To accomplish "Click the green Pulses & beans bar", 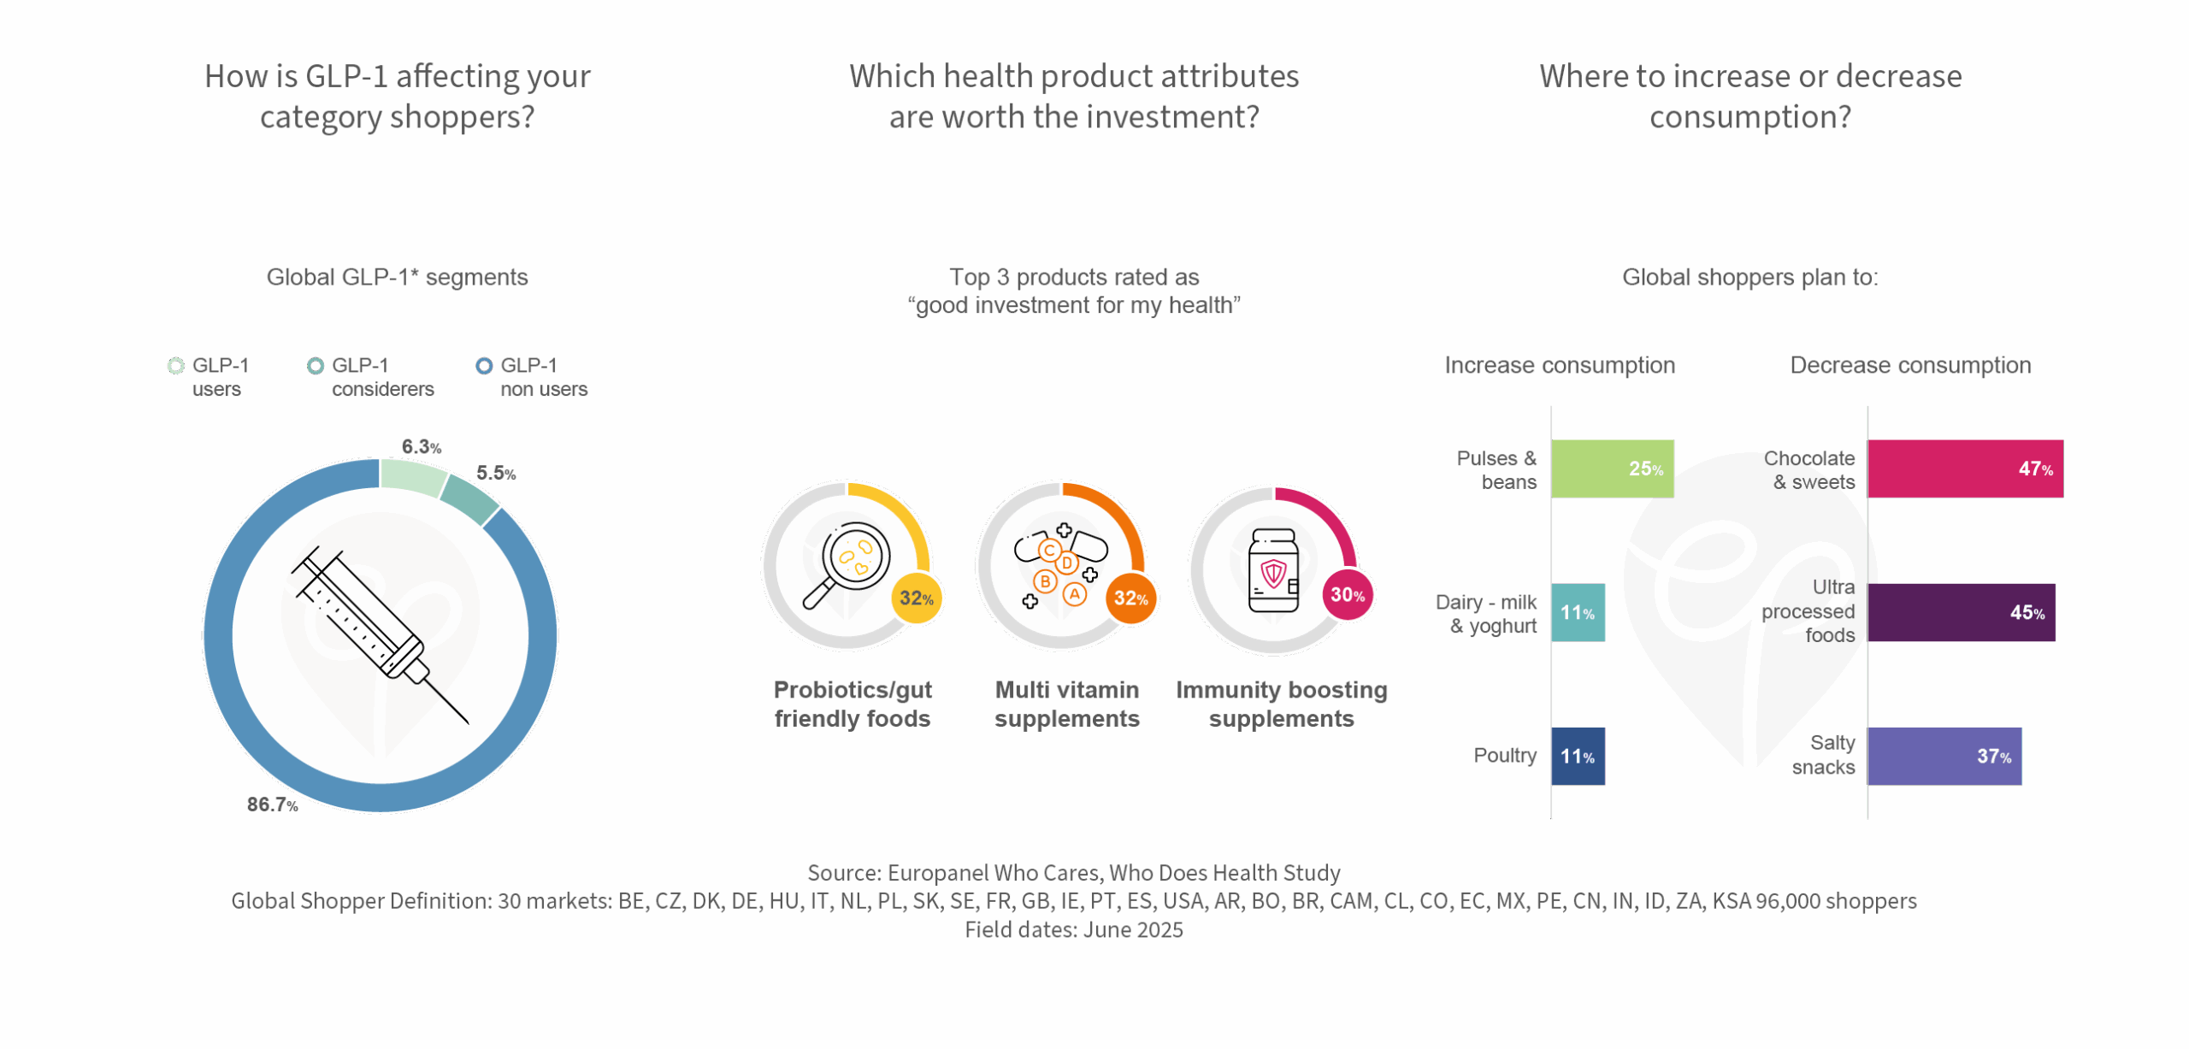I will pyautogui.click(x=1612, y=469).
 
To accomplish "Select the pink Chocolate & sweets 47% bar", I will pyautogui.click(x=1965, y=469).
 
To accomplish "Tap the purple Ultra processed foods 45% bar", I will pyautogui.click(x=1962, y=612).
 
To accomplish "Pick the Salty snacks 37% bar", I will pyautogui.click(x=1944, y=757).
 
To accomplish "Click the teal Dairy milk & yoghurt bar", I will pyautogui.click(x=1578, y=612).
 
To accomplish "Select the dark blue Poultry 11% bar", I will pyautogui.click(x=1578, y=757).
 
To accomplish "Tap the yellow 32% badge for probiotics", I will pyautogui.click(x=917, y=598).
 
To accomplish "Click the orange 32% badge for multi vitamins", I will pyautogui.click(x=1131, y=598).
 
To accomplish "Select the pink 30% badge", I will pyautogui.click(x=1348, y=595).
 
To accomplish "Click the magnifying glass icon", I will pyautogui.click(x=847, y=564).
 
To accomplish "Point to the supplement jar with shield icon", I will pyautogui.click(x=1273, y=570).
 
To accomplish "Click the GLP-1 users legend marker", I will pyautogui.click(x=176, y=366).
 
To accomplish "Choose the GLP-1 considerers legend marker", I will pyautogui.click(x=316, y=366).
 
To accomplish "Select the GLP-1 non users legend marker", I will pyautogui.click(x=484, y=366).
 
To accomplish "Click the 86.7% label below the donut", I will pyautogui.click(x=273, y=804).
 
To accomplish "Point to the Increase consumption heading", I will pyautogui.click(x=1560, y=366).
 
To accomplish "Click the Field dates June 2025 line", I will pyautogui.click(x=1074, y=930).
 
